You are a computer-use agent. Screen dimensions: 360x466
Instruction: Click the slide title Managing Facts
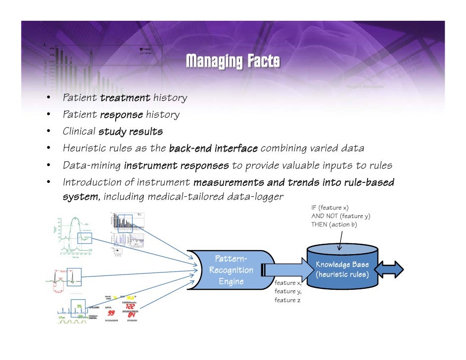233,61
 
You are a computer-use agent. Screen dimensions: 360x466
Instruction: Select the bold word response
121,115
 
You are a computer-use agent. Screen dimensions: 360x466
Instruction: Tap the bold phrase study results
130,132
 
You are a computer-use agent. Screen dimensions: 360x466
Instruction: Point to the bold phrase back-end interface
213,148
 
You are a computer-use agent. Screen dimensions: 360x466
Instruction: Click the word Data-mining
91,165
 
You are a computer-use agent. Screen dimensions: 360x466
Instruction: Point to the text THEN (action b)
334,225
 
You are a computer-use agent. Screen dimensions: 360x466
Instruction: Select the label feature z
287,300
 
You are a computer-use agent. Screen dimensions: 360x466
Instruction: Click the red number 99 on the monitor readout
111,313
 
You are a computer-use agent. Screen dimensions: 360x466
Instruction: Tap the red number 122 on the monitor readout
131,306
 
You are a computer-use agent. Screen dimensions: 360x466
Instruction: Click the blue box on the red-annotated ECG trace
74,277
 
